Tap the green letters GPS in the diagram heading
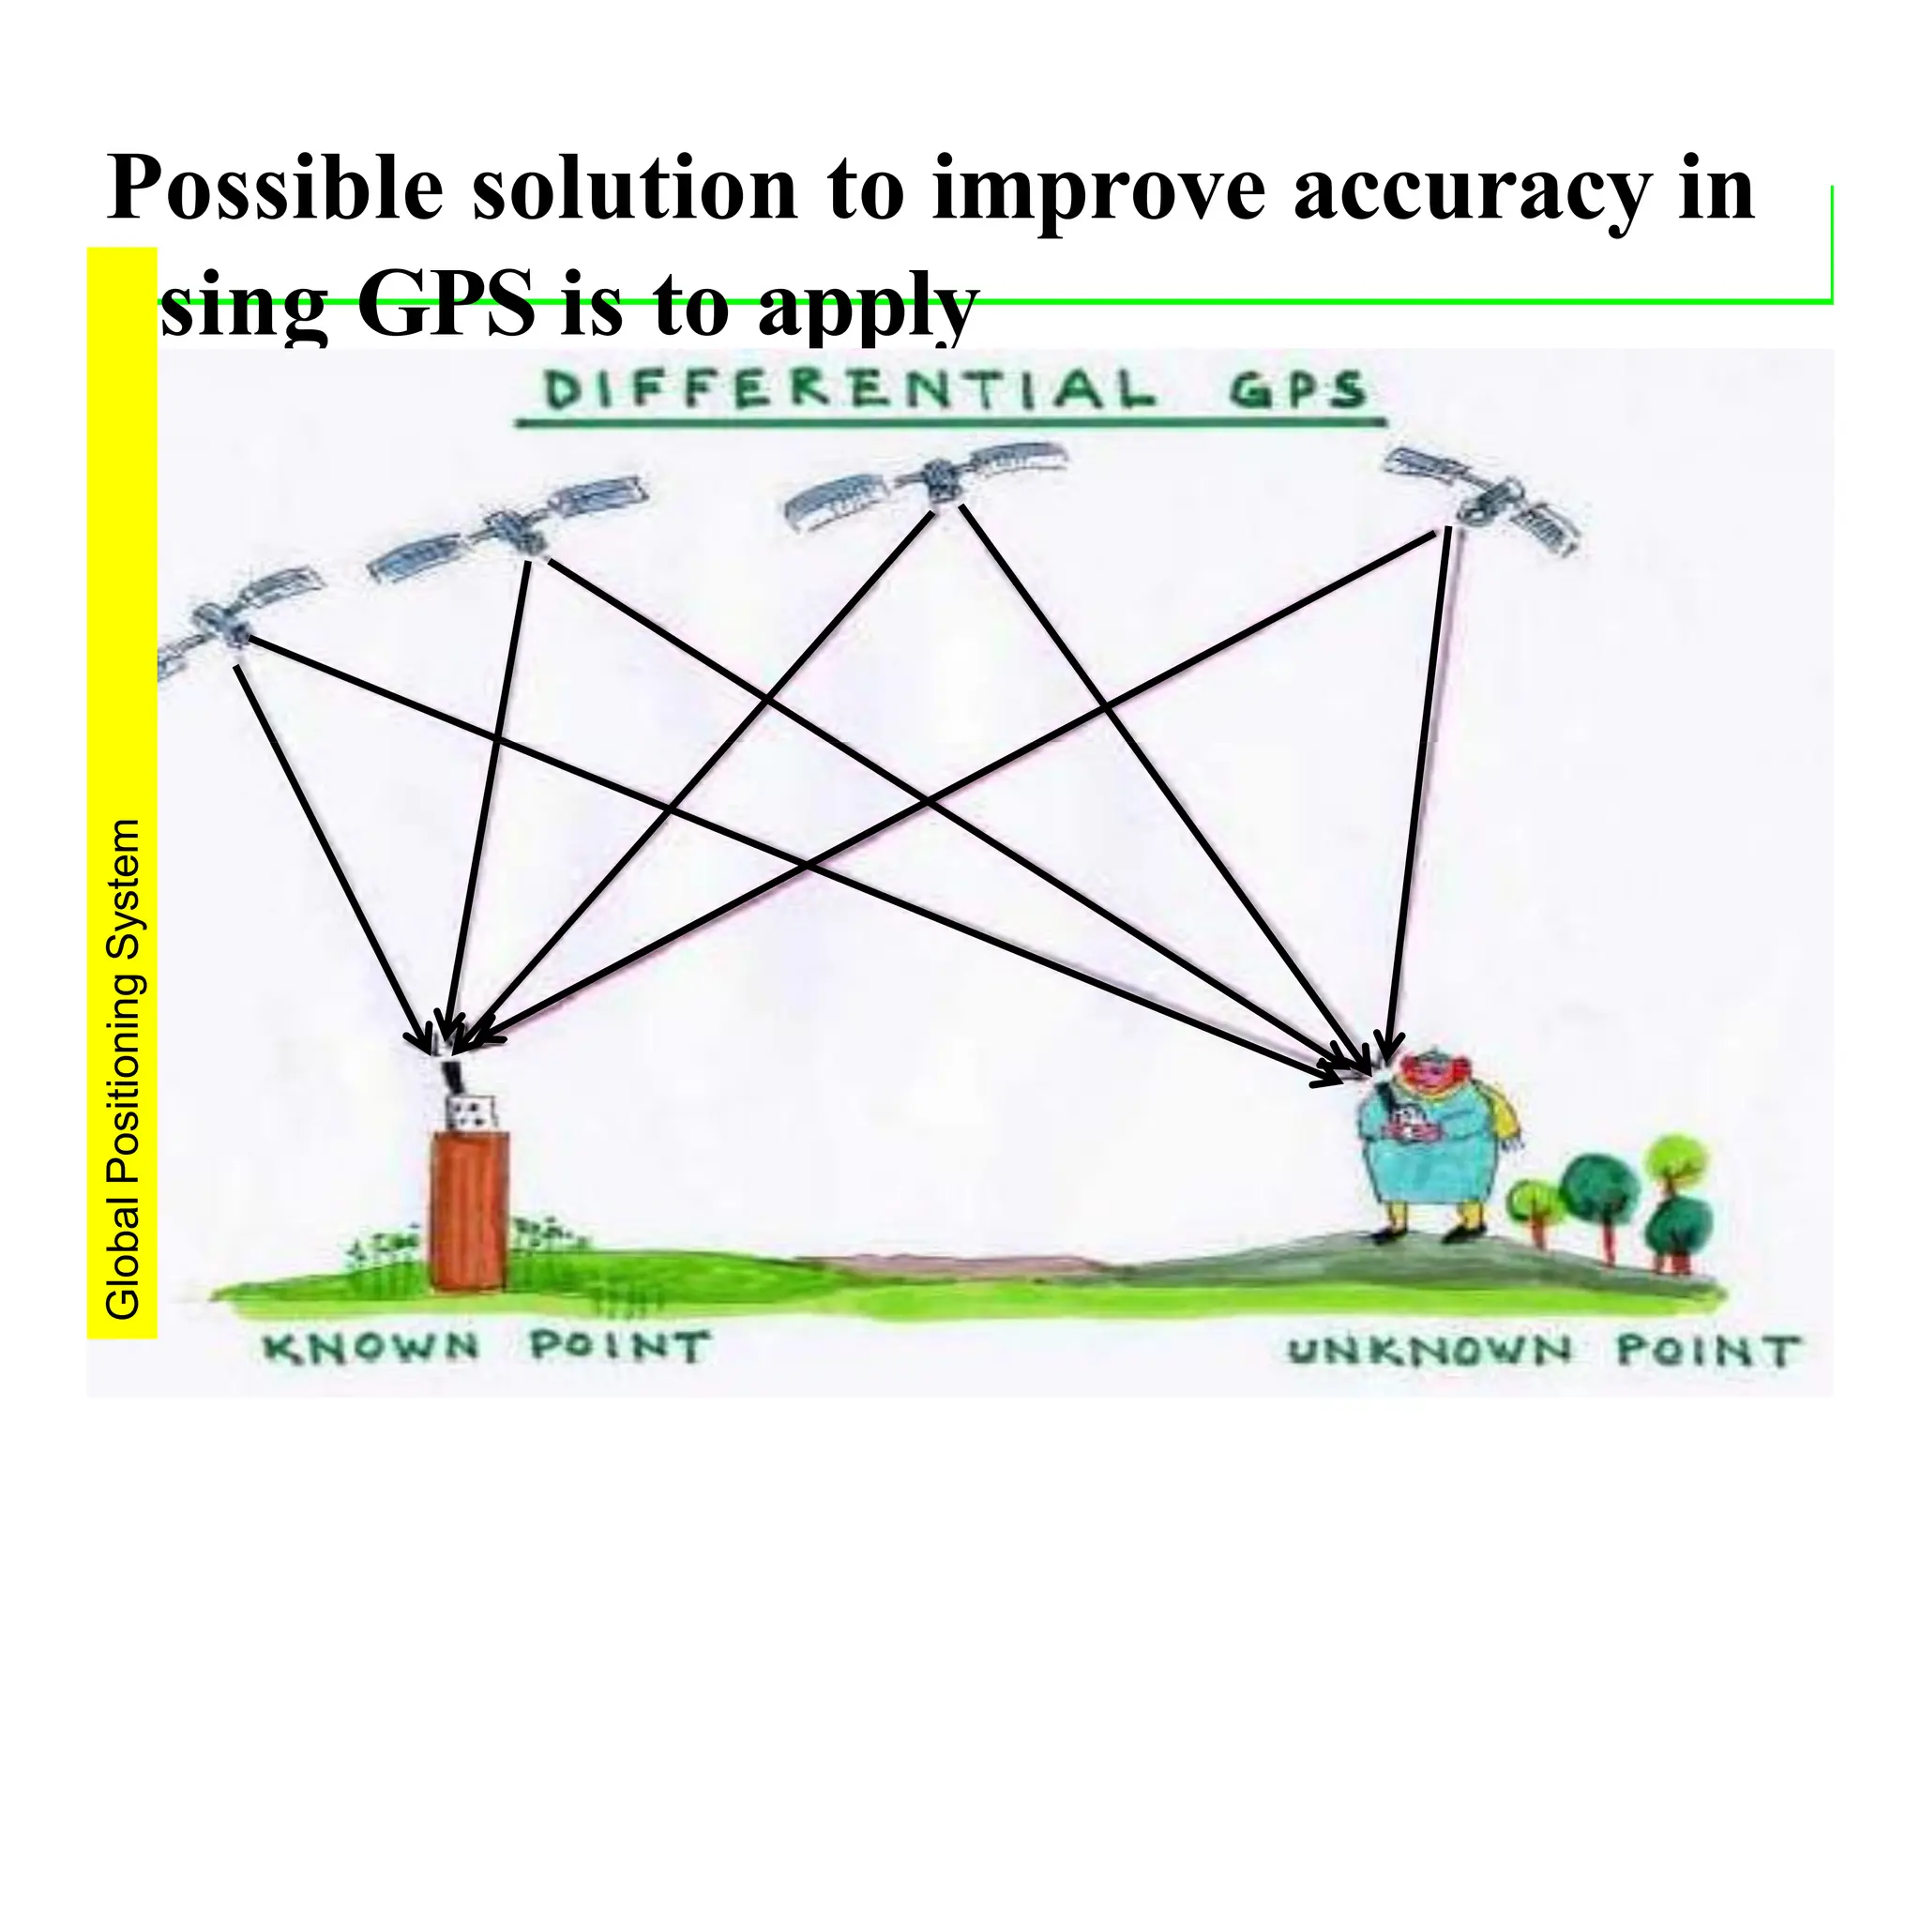pyautogui.click(x=1296, y=391)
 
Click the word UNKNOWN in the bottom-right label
pyautogui.click(x=1430, y=1351)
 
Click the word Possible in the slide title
pyautogui.click(x=274, y=189)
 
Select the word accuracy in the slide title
pyautogui.click(x=1467, y=189)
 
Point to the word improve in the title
pyautogui.click(x=1098, y=189)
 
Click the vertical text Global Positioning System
pyautogui.click(x=123, y=1069)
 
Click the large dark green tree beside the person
pyautogui.click(x=1596, y=1188)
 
